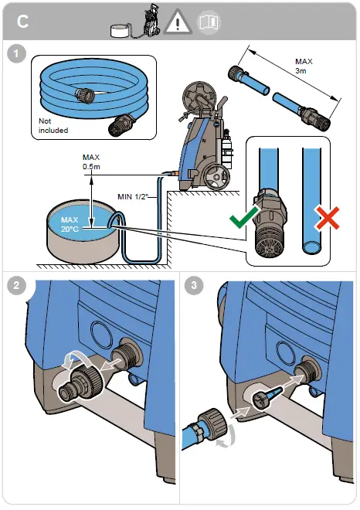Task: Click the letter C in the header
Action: coord(22,22)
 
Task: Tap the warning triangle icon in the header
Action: coord(178,22)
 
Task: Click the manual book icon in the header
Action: coord(209,22)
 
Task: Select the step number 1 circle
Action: coord(16,54)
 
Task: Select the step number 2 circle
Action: coord(16,285)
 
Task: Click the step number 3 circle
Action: coord(194,285)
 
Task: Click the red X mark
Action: coord(327,218)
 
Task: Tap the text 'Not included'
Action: coord(53,125)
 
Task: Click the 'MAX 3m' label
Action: coord(304,66)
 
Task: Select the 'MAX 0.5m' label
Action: coord(91,162)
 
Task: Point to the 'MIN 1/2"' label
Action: coord(133,197)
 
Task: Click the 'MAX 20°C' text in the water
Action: coord(70,224)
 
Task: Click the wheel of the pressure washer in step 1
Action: coord(217,177)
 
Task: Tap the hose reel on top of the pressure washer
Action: coord(199,96)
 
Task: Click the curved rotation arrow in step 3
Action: coord(228,437)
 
